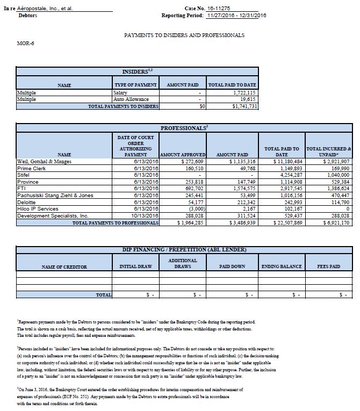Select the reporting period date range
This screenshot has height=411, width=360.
coord(236,16)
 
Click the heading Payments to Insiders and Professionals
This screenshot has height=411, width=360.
coord(184,35)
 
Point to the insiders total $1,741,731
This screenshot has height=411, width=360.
coord(244,106)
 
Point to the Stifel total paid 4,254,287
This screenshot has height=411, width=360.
coord(290,175)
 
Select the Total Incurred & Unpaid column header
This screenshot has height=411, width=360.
coord(328,152)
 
